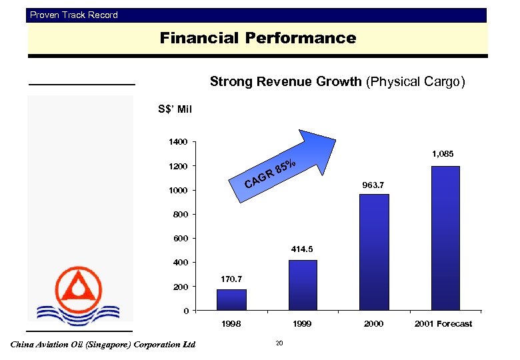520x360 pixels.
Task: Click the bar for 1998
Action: coord(231,299)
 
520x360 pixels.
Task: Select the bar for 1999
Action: coord(303,285)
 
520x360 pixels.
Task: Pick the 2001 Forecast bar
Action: coord(445,238)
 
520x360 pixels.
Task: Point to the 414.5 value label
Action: coord(302,249)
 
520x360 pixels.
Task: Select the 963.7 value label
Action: coord(373,184)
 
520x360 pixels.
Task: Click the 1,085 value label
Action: coord(442,154)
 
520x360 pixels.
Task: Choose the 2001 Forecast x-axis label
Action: coord(443,324)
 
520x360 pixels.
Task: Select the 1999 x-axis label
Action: coord(302,324)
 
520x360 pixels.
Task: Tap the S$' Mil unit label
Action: coord(174,109)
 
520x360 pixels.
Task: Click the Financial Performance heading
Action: coord(257,39)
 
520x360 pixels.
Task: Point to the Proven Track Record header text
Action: coord(74,15)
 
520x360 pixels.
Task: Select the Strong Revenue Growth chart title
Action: coord(337,82)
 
